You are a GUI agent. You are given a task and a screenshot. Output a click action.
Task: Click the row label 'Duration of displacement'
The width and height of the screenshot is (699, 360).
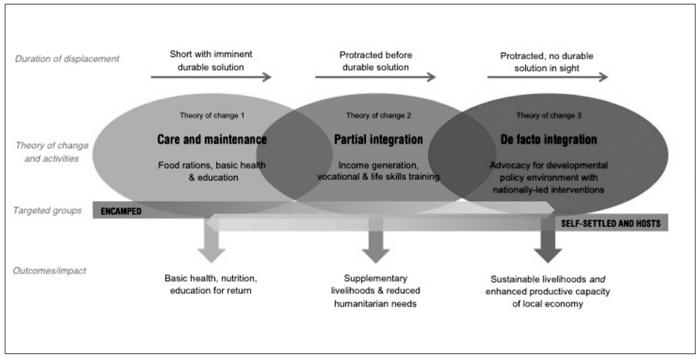[67, 59]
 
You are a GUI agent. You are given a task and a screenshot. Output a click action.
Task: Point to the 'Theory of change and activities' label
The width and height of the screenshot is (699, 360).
[52, 152]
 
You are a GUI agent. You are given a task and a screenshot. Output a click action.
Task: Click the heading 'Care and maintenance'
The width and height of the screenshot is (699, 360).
[212, 140]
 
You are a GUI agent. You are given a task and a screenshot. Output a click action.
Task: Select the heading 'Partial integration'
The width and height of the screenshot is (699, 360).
[378, 140]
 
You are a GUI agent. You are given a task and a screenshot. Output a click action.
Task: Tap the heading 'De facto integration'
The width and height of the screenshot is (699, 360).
[548, 140]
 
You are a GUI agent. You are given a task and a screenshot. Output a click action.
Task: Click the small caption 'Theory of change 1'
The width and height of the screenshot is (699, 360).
[212, 116]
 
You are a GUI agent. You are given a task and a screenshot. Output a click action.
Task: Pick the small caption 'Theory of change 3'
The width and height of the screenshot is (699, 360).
[548, 116]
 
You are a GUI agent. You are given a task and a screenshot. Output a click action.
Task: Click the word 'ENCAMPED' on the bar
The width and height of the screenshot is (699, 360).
[121, 212]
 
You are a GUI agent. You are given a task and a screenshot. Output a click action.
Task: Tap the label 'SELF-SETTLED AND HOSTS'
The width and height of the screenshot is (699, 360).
[611, 224]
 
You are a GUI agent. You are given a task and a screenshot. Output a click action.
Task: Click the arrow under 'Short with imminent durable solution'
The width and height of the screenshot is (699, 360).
[211, 77]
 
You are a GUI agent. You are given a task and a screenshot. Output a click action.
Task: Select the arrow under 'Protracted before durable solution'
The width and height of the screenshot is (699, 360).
[375, 77]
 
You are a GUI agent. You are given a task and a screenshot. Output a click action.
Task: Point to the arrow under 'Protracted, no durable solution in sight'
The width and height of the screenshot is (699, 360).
[547, 77]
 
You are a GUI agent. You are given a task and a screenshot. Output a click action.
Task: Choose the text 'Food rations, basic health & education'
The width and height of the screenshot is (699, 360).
[212, 171]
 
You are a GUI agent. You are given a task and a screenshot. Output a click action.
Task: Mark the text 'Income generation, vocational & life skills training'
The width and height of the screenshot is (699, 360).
[378, 171]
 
